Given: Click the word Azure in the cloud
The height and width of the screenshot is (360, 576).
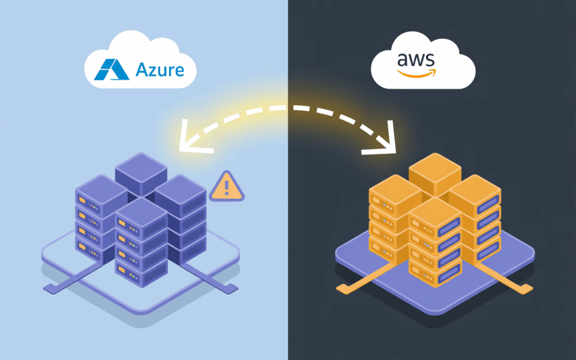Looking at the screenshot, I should (160, 70).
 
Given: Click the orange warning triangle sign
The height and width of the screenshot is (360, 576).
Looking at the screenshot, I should (227, 188).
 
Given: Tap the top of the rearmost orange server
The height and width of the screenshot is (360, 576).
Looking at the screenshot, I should (435, 166).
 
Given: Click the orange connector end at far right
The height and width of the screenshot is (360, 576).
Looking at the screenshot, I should (526, 289).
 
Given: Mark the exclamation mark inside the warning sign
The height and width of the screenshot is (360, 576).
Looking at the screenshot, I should (227, 186).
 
